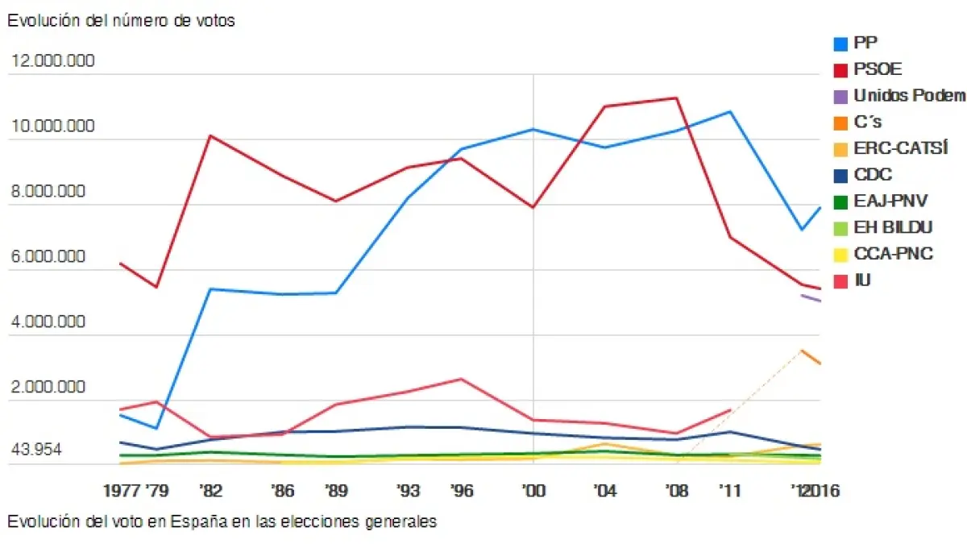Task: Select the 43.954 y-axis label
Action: (37, 450)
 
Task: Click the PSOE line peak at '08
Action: (675, 98)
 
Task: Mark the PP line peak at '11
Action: (730, 111)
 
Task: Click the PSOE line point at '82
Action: (210, 135)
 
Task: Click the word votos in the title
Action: (215, 22)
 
